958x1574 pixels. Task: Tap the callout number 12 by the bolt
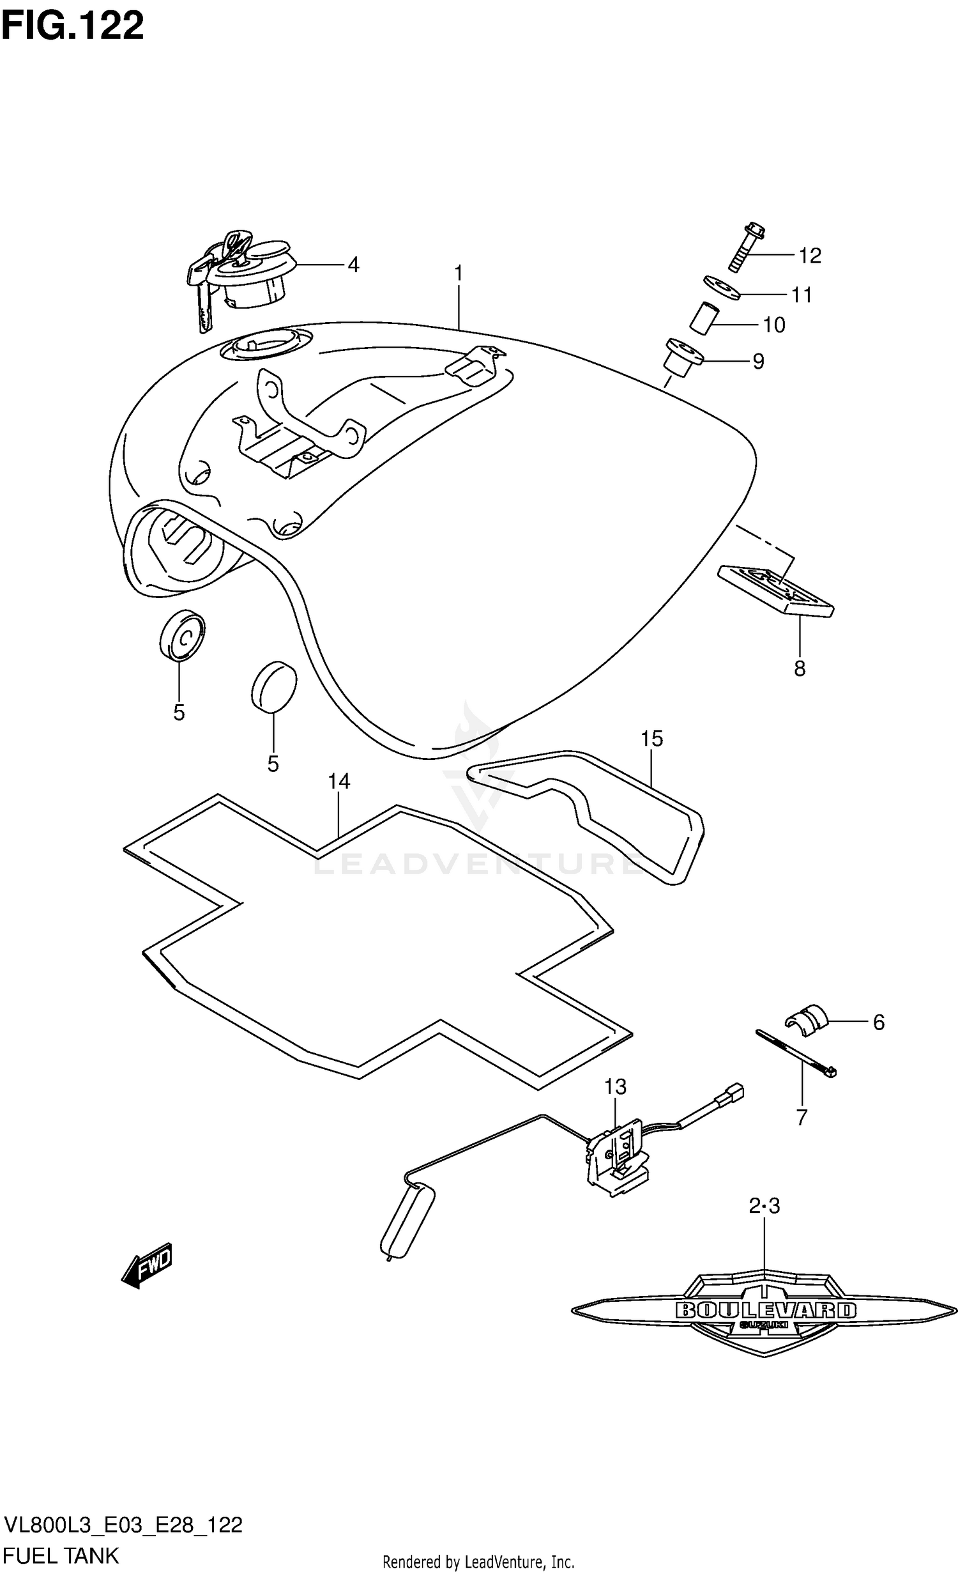coord(809,256)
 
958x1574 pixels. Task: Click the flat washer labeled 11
coord(722,287)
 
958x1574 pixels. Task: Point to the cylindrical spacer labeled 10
coord(701,318)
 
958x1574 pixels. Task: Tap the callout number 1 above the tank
coord(458,274)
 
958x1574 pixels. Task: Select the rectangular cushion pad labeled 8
coord(775,591)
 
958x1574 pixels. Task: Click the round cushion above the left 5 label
coord(182,634)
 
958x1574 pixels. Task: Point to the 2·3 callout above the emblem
coord(764,1207)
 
